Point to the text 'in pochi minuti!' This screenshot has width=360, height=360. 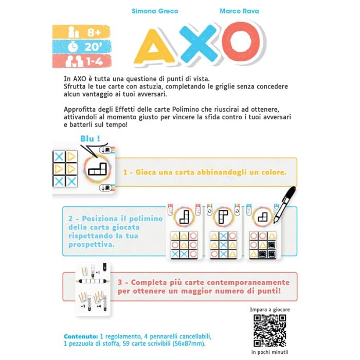268,352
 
